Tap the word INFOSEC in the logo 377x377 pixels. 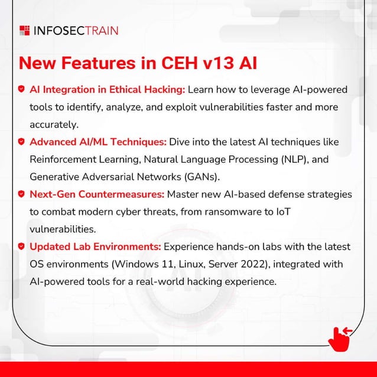point(60,30)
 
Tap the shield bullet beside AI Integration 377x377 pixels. point(21,90)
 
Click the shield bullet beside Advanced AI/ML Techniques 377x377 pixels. point(21,142)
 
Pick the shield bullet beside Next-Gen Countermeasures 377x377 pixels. point(21,194)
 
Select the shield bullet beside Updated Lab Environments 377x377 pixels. point(21,246)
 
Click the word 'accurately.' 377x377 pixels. point(54,125)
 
